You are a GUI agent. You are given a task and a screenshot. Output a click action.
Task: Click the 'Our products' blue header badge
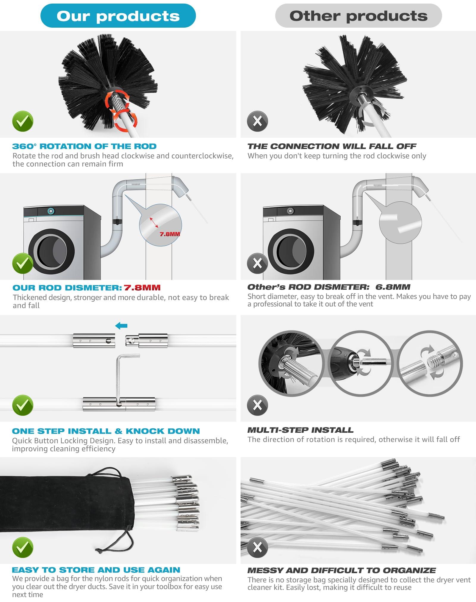click(118, 16)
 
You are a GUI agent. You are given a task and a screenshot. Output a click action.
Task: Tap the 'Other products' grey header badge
click(358, 16)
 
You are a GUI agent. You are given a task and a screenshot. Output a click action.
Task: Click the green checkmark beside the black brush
click(23, 121)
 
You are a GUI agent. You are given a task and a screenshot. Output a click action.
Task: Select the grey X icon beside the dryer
click(257, 263)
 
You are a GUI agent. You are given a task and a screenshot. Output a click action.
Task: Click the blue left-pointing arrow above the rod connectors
click(121, 326)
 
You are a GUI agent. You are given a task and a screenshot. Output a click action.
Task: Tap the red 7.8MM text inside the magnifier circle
click(170, 234)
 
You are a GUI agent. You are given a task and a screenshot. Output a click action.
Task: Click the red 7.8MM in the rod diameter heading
click(142, 288)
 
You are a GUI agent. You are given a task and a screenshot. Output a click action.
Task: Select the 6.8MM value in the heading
click(392, 287)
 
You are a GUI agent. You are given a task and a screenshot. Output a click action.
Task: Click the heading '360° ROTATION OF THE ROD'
click(84, 146)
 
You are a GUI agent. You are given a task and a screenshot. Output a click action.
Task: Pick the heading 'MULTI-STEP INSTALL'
click(300, 430)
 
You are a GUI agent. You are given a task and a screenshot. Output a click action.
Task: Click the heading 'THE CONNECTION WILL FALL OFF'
click(332, 146)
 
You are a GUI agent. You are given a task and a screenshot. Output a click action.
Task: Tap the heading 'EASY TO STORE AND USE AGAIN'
click(96, 570)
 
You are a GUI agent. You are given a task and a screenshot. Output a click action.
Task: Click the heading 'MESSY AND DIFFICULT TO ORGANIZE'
click(342, 570)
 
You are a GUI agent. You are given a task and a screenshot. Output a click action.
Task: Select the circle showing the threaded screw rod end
click(430, 363)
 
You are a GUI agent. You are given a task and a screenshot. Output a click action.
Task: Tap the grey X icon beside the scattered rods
click(257, 547)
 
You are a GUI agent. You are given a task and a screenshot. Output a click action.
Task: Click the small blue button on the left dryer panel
click(51, 211)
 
